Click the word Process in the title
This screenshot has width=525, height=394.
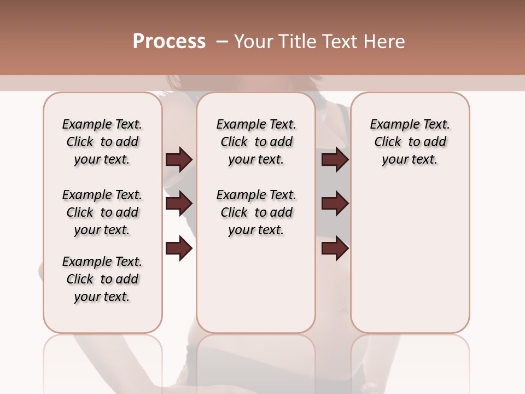point(169,42)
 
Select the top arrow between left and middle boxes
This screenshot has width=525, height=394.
point(179,159)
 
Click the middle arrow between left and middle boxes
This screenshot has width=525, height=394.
point(179,204)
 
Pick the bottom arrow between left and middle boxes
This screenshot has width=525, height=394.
point(179,249)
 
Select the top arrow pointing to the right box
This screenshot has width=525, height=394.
point(335,159)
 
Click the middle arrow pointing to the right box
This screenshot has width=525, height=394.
point(335,204)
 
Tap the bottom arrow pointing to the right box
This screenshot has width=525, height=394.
point(335,249)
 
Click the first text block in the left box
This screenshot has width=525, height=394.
point(102,142)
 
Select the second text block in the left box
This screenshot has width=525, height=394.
point(102,212)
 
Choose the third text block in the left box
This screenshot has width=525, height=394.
point(102,279)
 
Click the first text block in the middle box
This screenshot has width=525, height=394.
point(256,142)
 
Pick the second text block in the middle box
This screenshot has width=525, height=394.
point(256,212)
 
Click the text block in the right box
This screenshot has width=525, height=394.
point(410,142)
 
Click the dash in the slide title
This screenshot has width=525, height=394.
point(221,42)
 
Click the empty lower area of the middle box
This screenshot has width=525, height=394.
point(256,285)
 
